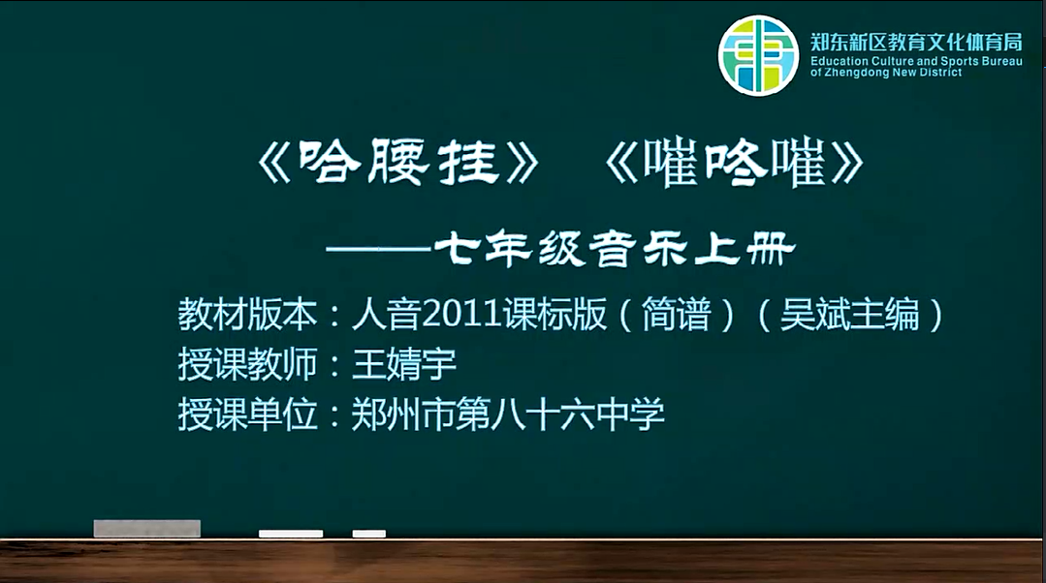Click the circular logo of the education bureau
click(x=758, y=55)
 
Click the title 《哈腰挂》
click(x=398, y=162)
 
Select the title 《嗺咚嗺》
click(x=734, y=162)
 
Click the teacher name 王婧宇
click(x=403, y=364)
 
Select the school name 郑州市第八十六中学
click(x=508, y=414)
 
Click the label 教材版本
click(x=247, y=314)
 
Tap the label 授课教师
click(x=247, y=364)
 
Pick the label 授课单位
click(x=247, y=414)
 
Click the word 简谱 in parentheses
click(x=676, y=314)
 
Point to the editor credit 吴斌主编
click(x=849, y=314)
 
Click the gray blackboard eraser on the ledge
click(x=146, y=529)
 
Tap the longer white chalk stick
click(x=291, y=534)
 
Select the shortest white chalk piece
click(x=369, y=534)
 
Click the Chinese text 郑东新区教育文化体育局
click(x=916, y=42)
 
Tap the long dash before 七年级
click(x=378, y=249)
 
